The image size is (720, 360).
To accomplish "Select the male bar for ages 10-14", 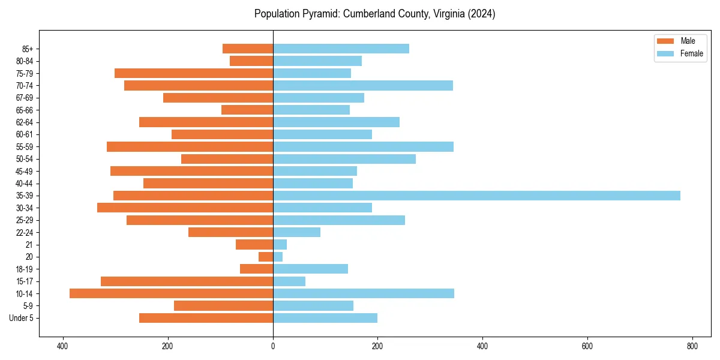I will coord(171,293).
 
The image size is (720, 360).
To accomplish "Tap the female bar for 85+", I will coord(341,49).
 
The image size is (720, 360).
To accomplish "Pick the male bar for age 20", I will coord(266,257).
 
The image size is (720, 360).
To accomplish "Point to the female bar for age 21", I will coord(280,245).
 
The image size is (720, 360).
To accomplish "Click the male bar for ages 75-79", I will coord(194,73).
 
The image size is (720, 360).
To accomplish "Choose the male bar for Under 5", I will coord(206,318).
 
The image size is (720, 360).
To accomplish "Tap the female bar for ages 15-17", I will coord(289,281).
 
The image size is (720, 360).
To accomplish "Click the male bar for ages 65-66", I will coord(247,110).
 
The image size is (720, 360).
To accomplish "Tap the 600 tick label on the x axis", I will coord(587,346).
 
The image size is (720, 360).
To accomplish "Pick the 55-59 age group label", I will coord(25,147).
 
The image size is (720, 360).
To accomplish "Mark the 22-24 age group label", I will coord(25,233).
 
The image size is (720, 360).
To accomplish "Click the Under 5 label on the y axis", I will coord(22,318).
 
